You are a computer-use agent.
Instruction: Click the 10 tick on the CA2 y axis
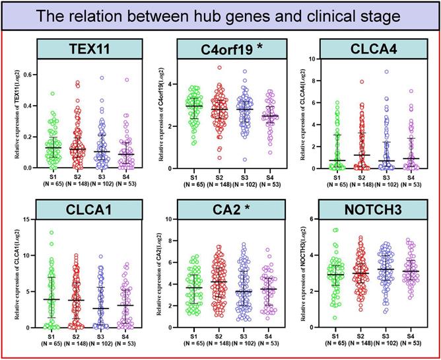tap(177, 219)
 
